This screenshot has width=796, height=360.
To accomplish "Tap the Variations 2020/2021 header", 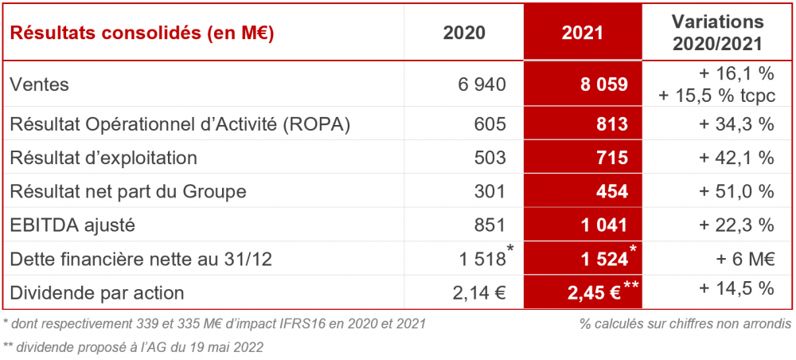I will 718,33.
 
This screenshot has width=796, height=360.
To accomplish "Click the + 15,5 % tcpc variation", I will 716,95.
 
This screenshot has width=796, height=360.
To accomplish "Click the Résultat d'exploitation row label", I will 103,158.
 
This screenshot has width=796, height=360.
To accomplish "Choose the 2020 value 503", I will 490,158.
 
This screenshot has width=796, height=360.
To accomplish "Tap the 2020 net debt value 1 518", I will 482,259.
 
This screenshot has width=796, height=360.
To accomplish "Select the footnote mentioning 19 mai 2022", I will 133,346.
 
